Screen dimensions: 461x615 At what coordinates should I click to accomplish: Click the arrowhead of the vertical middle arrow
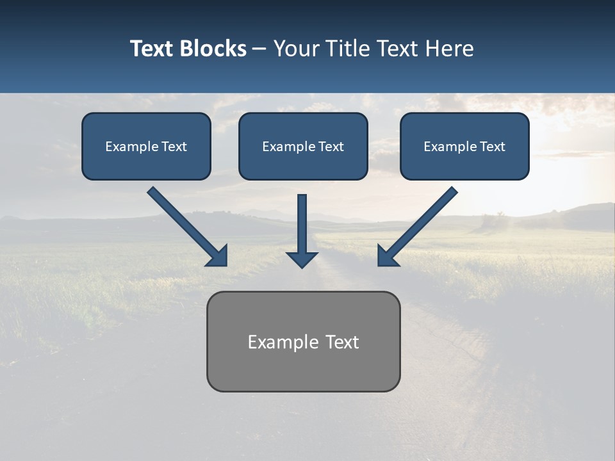pyautogui.click(x=302, y=259)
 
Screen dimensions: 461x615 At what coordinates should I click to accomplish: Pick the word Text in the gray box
pyautogui.click(x=342, y=342)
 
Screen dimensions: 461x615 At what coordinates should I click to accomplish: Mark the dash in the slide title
pyautogui.click(x=259, y=49)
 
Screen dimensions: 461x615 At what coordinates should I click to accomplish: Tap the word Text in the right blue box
pyautogui.click(x=493, y=147)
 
